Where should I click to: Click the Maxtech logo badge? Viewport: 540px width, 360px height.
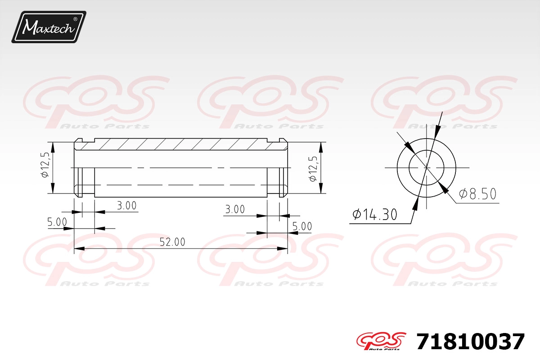[49, 27]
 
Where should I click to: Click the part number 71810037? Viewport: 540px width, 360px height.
[470, 342]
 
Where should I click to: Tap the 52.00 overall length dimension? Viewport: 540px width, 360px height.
[172, 242]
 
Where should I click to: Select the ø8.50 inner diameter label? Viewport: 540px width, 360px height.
[477, 193]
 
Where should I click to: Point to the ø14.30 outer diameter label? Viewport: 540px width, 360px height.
[374, 214]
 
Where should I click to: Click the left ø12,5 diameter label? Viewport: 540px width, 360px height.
[45, 165]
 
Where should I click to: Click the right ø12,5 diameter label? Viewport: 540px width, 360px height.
[313, 169]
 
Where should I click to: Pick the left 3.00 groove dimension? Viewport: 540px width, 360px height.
[126, 206]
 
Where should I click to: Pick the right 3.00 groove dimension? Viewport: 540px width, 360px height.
[235, 209]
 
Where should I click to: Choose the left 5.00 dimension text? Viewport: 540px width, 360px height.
[57, 222]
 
